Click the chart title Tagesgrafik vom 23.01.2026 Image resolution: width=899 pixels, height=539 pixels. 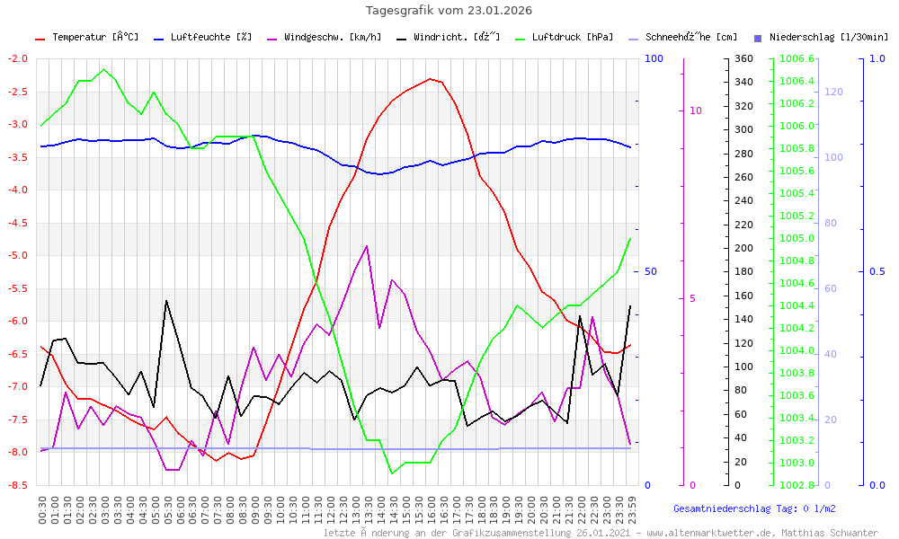[x=449, y=11]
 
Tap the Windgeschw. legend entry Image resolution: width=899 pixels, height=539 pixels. [x=332, y=38]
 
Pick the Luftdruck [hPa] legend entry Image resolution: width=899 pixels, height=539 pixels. [x=572, y=38]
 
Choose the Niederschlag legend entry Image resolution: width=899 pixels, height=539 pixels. [x=828, y=38]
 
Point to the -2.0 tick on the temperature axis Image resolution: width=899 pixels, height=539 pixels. [x=18, y=58]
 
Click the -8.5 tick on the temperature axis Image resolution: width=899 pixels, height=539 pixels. [x=18, y=485]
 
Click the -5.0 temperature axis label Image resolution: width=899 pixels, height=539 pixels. [x=18, y=255]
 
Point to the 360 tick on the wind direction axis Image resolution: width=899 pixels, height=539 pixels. [x=743, y=58]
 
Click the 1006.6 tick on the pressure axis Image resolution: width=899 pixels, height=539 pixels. [x=797, y=58]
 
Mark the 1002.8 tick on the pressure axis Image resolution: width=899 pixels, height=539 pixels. [x=797, y=485]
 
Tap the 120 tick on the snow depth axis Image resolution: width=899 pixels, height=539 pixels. [x=832, y=92]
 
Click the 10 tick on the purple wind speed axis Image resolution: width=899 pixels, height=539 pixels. [x=695, y=110]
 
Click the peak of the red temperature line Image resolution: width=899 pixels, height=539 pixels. [x=432, y=78]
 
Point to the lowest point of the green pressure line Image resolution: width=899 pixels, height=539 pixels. [x=392, y=473]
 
